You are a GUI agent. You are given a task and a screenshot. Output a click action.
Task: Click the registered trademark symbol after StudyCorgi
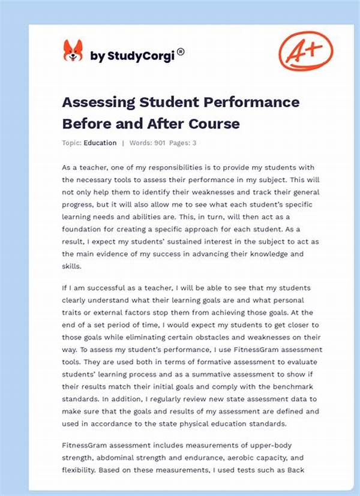point(181,52)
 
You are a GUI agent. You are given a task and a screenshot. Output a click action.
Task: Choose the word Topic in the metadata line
point(71,143)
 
